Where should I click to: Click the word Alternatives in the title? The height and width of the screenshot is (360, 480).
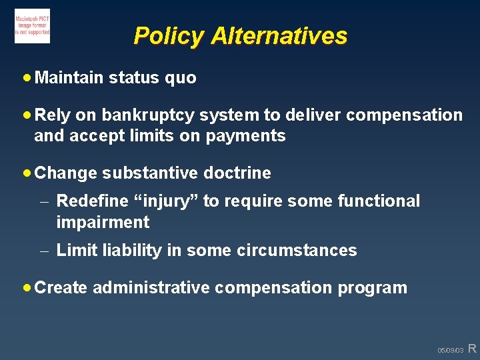click(x=279, y=35)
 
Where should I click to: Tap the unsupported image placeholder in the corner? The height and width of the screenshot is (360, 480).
click(x=32, y=27)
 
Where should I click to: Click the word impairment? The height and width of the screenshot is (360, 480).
click(x=103, y=223)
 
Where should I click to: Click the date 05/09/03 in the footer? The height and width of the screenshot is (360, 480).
click(x=450, y=350)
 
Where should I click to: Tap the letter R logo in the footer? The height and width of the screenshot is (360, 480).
click(x=472, y=348)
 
